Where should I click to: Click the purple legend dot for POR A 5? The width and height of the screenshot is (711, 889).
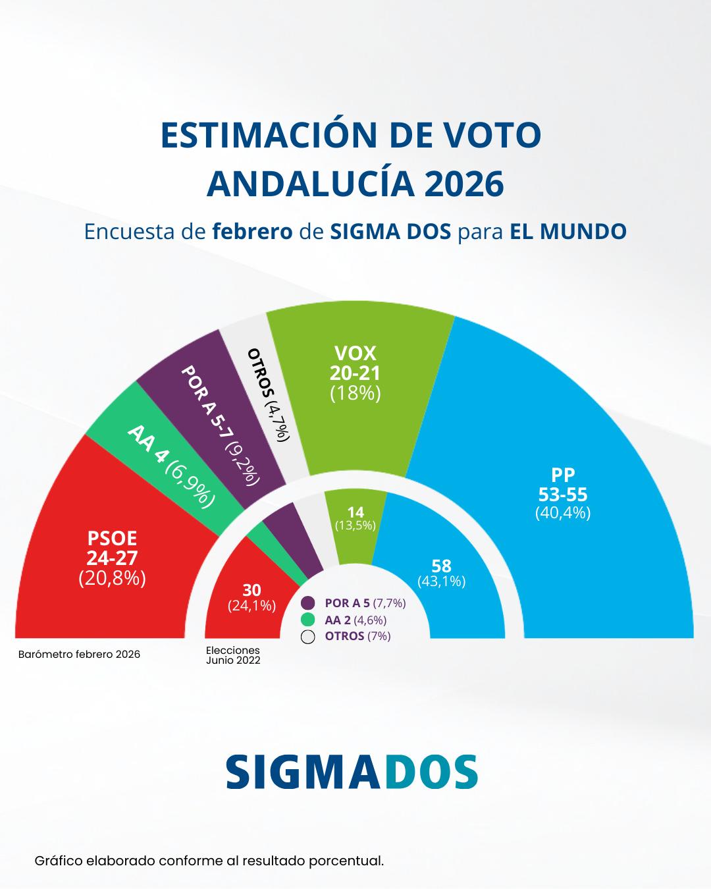307,603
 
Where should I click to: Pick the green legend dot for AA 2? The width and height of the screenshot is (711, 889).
307,620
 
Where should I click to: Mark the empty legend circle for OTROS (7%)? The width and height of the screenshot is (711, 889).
307,637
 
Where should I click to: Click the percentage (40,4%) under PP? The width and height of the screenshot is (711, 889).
563,513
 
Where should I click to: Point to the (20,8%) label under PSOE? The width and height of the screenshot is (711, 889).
112,578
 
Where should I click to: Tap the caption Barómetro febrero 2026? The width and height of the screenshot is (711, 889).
79,655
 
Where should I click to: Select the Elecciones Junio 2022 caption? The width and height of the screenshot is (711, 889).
233,655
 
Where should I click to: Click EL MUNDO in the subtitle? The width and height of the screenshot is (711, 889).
568,232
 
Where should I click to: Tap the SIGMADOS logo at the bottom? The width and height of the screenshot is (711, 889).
352,772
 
